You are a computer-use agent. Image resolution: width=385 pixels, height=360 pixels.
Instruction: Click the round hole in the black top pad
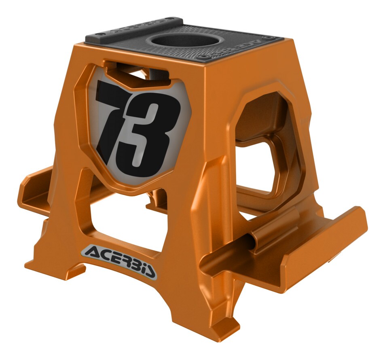coord(184,40)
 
